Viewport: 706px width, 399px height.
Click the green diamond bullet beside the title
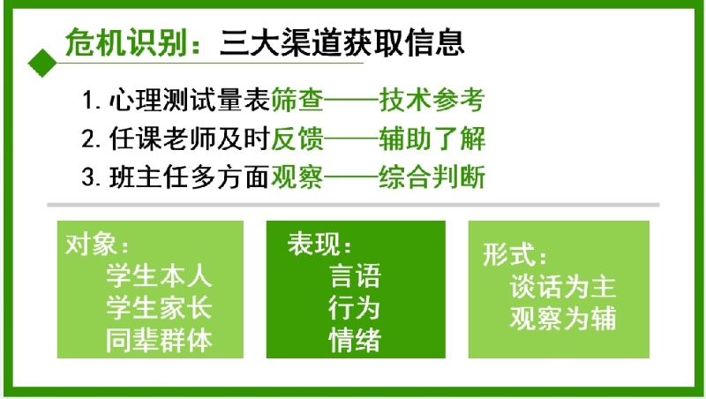point(42,63)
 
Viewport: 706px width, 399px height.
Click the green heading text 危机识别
point(126,42)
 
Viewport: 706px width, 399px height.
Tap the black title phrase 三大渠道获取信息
point(342,42)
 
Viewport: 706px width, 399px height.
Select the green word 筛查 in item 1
point(297,100)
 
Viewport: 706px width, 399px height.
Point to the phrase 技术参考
point(432,100)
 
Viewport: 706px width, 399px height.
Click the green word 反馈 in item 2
point(297,139)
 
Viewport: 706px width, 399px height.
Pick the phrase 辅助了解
point(432,139)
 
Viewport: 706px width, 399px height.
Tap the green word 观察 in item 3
point(297,177)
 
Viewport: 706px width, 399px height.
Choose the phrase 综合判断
point(432,177)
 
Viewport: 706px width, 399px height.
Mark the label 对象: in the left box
point(97,245)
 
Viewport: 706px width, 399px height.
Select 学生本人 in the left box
point(159,275)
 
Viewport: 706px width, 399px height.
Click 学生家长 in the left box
point(159,307)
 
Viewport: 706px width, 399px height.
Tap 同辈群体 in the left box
point(159,340)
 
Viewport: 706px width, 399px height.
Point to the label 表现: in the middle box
point(319,244)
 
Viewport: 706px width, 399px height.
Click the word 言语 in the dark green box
point(355,275)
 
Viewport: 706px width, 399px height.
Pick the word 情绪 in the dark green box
point(355,340)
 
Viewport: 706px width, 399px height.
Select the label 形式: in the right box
point(515,254)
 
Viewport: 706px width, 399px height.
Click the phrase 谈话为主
point(563,286)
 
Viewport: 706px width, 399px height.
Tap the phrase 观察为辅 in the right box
point(563,318)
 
